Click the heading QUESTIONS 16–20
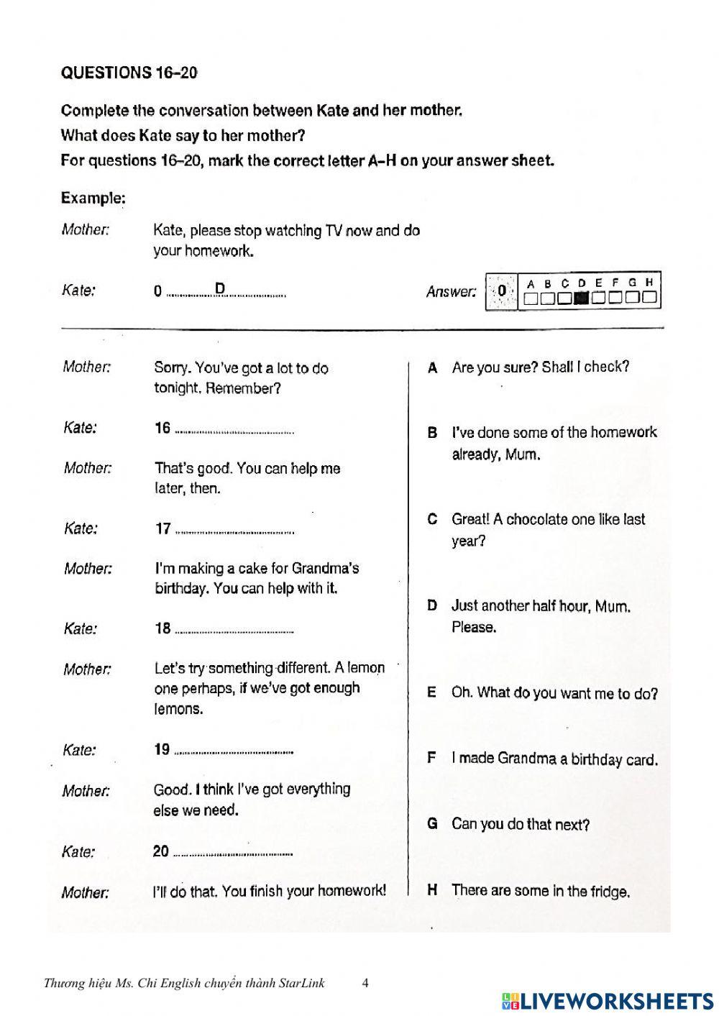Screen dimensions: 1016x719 tap(129, 73)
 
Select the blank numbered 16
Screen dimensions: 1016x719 tap(234, 430)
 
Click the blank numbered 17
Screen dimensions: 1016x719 tap(234, 531)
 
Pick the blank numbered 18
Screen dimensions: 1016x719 tap(234, 631)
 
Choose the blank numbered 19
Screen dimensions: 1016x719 tap(234, 751)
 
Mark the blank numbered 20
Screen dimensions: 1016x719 tap(234, 853)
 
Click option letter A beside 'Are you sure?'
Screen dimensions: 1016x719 tap(433, 368)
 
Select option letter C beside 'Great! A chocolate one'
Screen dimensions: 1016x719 tap(433, 519)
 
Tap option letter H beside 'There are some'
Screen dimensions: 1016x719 tap(433, 890)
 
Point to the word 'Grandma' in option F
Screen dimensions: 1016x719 tap(526, 759)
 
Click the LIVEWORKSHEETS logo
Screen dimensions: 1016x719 tap(608, 1001)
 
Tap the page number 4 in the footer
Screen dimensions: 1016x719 tap(365, 983)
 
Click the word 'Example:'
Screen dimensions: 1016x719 tap(93, 198)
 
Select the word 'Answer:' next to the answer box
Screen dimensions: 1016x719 tap(451, 292)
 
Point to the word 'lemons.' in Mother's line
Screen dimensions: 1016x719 tap(178, 709)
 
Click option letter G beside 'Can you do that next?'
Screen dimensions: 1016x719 tap(433, 824)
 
